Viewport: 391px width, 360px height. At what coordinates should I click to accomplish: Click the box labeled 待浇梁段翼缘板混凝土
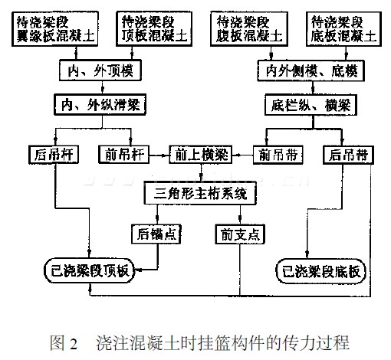pyautogui.click(x=55, y=29)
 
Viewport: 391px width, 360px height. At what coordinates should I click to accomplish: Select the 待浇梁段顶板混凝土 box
pyautogui.click(x=154, y=29)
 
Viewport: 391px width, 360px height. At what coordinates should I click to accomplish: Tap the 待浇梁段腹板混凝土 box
pyautogui.click(x=249, y=29)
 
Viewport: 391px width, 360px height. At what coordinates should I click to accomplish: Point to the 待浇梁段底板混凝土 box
pyautogui.click(x=343, y=29)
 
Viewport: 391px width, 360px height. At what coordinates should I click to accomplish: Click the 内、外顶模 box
pyautogui.click(x=100, y=70)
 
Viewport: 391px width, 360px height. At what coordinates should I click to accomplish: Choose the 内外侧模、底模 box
pyautogui.click(x=310, y=70)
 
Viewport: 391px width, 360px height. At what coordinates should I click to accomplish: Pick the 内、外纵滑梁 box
pyautogui.click(x=100, y=104)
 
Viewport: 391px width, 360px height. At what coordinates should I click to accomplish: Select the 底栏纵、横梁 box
pyautogui.click(x=310, y=105)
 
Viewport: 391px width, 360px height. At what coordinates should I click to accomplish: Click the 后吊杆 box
pyautogui.click(x=54, y=155)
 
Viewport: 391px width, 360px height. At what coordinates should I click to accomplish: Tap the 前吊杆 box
pyautogui.click(x=124, y=155)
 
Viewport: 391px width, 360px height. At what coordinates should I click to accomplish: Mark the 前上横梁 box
pyautogui.click(x=201, y=155)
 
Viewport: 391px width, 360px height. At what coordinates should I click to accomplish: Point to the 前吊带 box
pyautogui.click(x=278, y=155)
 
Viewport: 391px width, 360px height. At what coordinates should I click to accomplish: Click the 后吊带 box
pyautogui.click(x=348, y=155)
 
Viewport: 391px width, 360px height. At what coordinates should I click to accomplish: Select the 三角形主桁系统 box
pyautogui.click(x=200, y=193)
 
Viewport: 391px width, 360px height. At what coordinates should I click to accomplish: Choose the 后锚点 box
pyautogui.click(x=156, y=234)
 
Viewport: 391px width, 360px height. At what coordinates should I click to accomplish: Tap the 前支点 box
pyautogui.click(x=240, y=234)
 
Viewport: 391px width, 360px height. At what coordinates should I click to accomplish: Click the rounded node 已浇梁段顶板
pyautogui.click(x=90, y=270)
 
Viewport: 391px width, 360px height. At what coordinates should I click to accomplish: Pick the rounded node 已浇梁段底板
pyautogui.click(x=321, y=271)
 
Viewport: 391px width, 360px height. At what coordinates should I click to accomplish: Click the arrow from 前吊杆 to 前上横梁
pyautogui.click(x=159, y=155)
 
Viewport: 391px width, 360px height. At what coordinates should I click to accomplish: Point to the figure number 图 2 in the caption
pyautogui.click(x=64, y=343)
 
